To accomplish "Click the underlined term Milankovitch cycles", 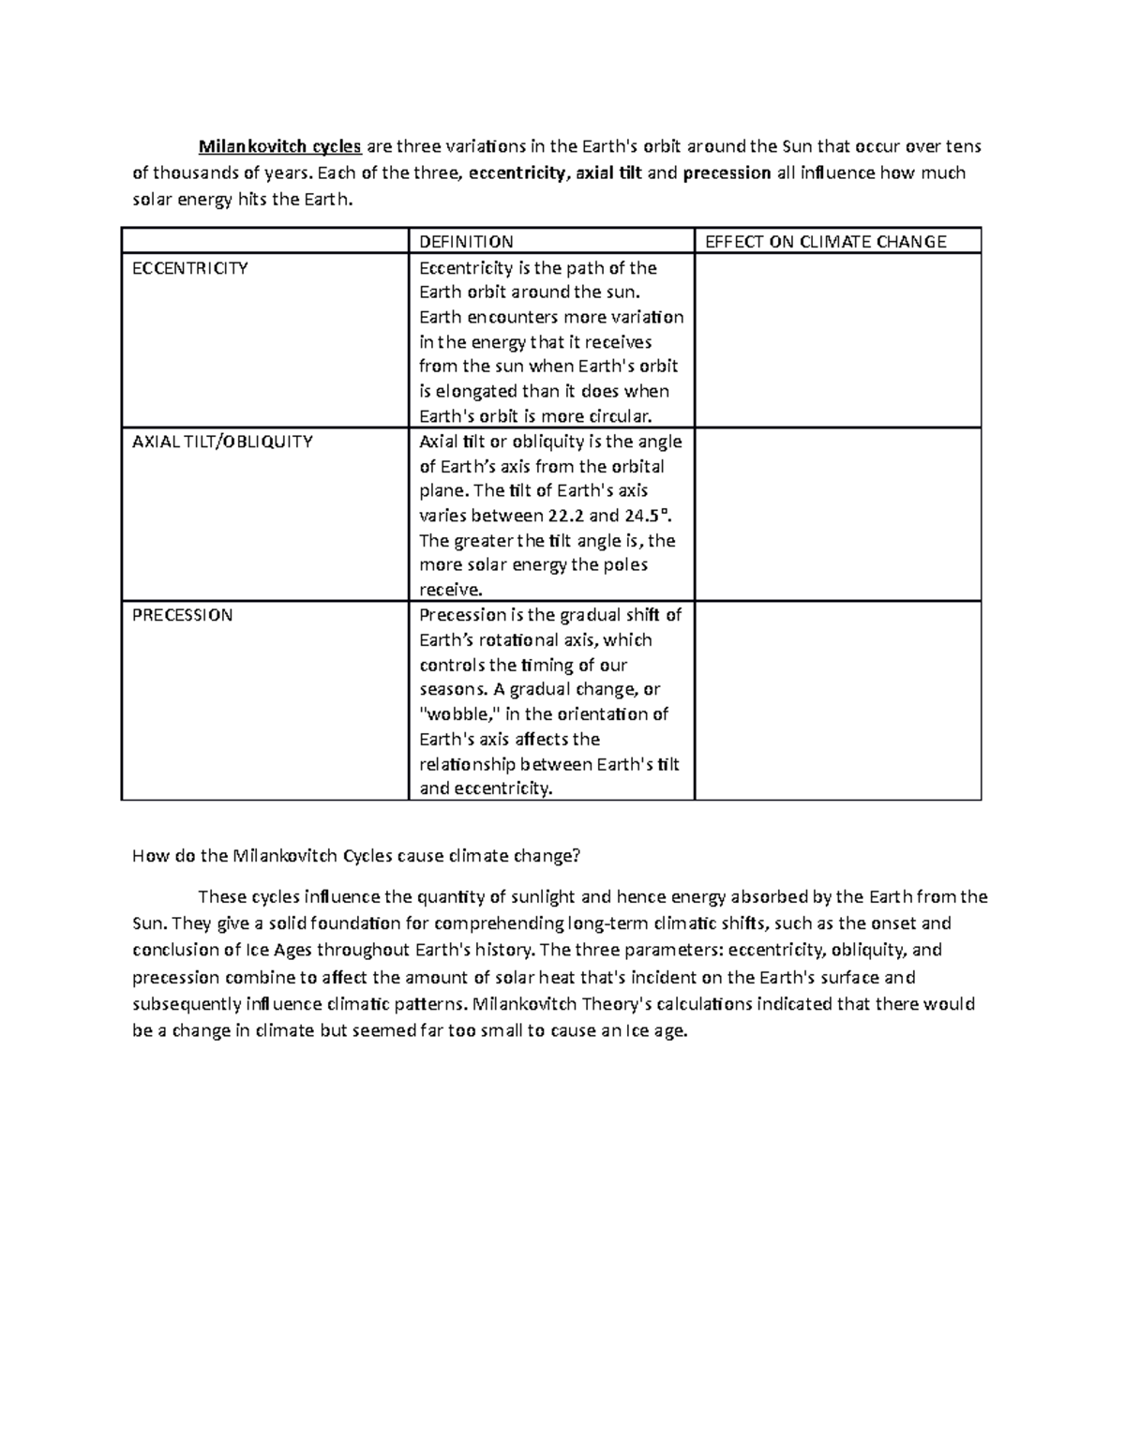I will (x=279, y=146).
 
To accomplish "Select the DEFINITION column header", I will (x=466, y=242).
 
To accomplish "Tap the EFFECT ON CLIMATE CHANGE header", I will (x=825, y=242).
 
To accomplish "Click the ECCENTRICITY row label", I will (x=190, y=268).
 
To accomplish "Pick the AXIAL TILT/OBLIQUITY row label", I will (x=222, y=442).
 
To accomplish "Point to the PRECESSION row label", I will (x=182, y=615).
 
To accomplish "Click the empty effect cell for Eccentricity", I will (x=837, y=340).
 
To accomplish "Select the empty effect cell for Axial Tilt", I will (x=837, y=514).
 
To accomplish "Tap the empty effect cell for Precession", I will (x=837, y=700).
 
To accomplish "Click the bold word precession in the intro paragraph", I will (x=727, y=173).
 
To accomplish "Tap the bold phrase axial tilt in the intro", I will (x=608, y=173).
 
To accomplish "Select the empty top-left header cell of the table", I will (x=265, y=241).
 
